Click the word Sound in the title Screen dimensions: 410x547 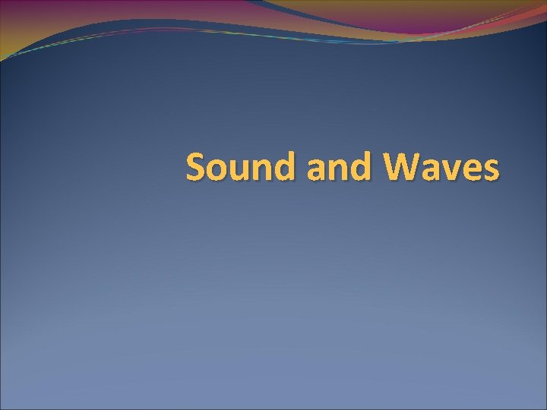pyautogui.click(x=242, y=167)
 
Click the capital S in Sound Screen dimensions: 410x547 pyautogui.click(x=197, y=167)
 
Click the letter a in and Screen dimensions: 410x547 pyautogui.click(x=318, y=170)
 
